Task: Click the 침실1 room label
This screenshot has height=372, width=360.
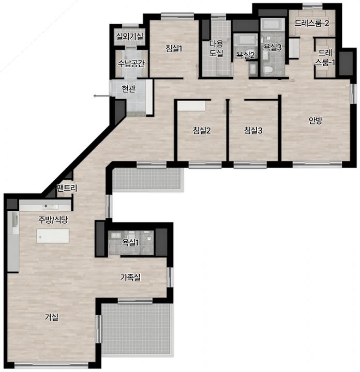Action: coord(174,49)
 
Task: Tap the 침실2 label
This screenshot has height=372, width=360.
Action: coord(202,130)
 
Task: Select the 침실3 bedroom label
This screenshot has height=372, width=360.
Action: coord(253,130)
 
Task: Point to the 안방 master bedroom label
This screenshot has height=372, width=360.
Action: coord(316,120)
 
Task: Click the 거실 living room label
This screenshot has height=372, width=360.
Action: coord(52,317)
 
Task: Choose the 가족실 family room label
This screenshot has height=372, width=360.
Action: coord(130,277)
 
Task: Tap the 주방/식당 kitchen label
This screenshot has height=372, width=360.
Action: coord(53,220)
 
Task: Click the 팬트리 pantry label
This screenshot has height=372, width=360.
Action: coord(67,188)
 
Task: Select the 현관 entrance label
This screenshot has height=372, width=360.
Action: coord(128,89)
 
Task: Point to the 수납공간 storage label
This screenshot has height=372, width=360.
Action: coord(131,64)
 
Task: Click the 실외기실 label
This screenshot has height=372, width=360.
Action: coord(129,37)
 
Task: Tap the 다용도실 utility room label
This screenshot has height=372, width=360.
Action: coord(216,49)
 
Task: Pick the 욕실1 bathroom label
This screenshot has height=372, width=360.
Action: coord(130,242)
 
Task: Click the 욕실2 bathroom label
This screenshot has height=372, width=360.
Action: coord(245,55)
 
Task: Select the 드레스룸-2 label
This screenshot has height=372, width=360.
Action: coord(312,23)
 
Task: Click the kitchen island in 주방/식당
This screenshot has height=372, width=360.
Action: coord(53,236)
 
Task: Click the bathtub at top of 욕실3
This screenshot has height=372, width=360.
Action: coord(273,25)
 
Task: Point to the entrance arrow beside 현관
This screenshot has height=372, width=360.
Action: coord(101,96)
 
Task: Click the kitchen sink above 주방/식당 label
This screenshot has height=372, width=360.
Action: coord(50,207)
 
